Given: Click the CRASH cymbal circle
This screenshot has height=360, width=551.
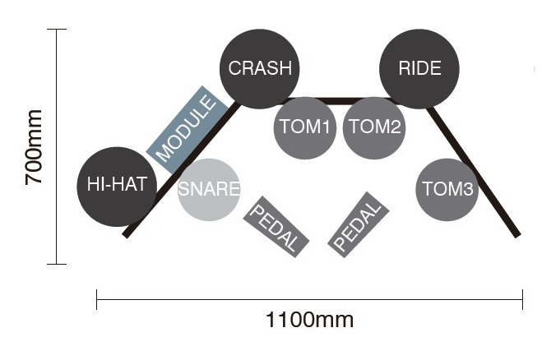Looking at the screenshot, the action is [x=260, y=69].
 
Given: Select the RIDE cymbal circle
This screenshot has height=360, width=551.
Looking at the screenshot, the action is [x=419, y=69].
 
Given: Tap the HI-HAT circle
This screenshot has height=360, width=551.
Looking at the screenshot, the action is [x=117, y=187].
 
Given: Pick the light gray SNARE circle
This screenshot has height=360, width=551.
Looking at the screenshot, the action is [x=209, y=190].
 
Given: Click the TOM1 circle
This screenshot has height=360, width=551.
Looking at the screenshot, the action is [x=304, y=128].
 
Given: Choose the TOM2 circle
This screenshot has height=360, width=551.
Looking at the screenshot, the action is [x=374, y=128].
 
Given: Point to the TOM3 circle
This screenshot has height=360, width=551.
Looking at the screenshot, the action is [x=447, y=190].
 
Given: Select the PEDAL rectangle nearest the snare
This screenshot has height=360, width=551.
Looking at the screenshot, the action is [x=276, y=227].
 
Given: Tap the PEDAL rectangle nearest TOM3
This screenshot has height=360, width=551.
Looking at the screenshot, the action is [x=359, y=224].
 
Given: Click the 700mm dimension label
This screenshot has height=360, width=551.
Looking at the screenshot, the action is [x=34, y=147].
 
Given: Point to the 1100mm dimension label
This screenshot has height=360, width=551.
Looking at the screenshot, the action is [x=309, y=320].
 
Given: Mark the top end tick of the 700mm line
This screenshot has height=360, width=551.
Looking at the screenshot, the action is [x=57, y=29].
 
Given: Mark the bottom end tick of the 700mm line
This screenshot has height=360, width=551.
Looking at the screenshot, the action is [x=57, y=264].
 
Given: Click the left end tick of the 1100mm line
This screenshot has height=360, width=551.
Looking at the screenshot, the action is [x=97, y=300].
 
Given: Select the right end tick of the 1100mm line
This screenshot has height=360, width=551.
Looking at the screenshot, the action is [x=522, y=300].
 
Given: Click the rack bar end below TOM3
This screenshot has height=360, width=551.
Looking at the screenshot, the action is [x=517, y=234].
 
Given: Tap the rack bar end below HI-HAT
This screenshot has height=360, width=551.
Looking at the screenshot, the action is [x=126, y=234].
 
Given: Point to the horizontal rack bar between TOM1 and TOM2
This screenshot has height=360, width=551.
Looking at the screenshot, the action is [x=340, y=101].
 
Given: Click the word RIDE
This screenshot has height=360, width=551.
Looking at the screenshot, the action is [x=419, y=68].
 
